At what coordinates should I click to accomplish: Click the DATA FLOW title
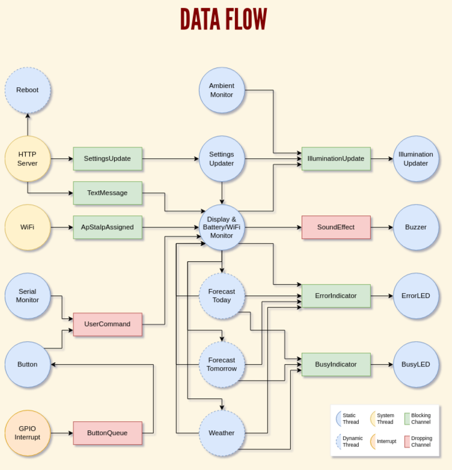pos(224,20)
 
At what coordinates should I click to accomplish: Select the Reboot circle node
pos(28,90)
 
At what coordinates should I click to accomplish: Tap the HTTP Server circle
pos(28,159)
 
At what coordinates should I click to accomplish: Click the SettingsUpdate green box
pos(108,159)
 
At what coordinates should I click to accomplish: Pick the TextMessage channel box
pos(108,193)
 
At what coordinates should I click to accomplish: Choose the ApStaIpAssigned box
pos(108,227)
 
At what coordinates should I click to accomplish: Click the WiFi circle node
pos(28,227)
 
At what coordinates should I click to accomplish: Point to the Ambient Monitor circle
pos(222,90)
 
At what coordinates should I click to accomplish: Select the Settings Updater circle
pos(222,159)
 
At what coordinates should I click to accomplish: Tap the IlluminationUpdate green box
pos(336,159)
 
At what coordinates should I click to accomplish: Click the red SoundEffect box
pos(336,227)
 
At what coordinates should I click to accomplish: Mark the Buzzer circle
pos(416,227)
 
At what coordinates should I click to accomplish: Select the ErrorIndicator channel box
pos(336,296)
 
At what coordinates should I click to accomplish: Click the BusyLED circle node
pos(416,365)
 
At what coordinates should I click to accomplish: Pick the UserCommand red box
pos(108,324)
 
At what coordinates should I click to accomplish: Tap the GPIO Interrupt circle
pos(28,433)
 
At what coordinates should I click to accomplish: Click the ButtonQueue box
pos(108,433)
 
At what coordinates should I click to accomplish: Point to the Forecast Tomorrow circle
pos(222,365)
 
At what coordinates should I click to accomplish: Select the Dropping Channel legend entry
pos(418,441)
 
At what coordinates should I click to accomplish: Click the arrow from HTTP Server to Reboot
pos(28,125)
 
